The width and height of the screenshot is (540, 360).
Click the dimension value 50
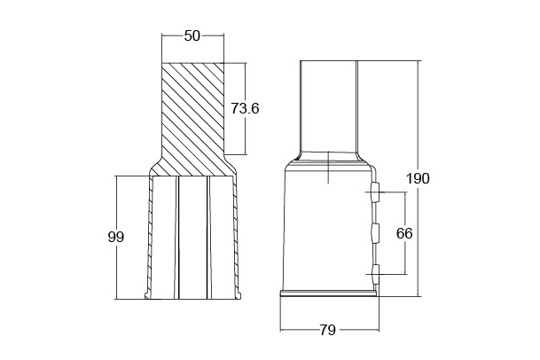(192, 35)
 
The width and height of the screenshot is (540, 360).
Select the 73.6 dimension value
(245, 108)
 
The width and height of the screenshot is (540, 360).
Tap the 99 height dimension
(115, 237)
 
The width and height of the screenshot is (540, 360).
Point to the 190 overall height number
(418, 178)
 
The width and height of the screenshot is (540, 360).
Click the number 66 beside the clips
(404, 233)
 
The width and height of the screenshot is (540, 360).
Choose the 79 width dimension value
(327, 330)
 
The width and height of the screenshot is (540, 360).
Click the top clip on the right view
(375, 192)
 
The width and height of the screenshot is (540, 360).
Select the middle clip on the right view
(375, 233)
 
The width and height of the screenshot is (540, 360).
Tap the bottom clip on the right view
(375, 275)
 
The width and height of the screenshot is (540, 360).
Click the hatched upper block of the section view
(193, 119)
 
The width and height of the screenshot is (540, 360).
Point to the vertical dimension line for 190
(419, 178)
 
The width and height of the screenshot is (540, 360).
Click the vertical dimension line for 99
(117, 238)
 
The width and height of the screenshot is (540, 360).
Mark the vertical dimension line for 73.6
(245, 108)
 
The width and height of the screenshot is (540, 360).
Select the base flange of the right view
(330, 293)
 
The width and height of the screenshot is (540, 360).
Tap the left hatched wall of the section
(150, 238)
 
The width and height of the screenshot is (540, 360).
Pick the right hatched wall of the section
(236, 238)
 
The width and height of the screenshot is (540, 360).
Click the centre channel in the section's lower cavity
(193, 238)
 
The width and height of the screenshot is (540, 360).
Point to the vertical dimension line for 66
(405, 233)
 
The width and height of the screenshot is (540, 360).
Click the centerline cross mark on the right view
(329, 168)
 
